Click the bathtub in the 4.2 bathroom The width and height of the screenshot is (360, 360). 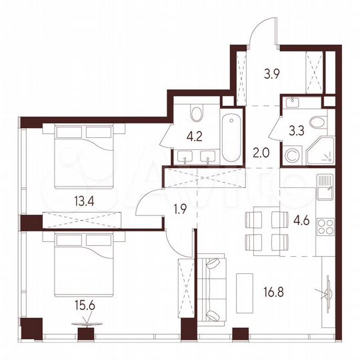pyautogui.click(x=230, y=139)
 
